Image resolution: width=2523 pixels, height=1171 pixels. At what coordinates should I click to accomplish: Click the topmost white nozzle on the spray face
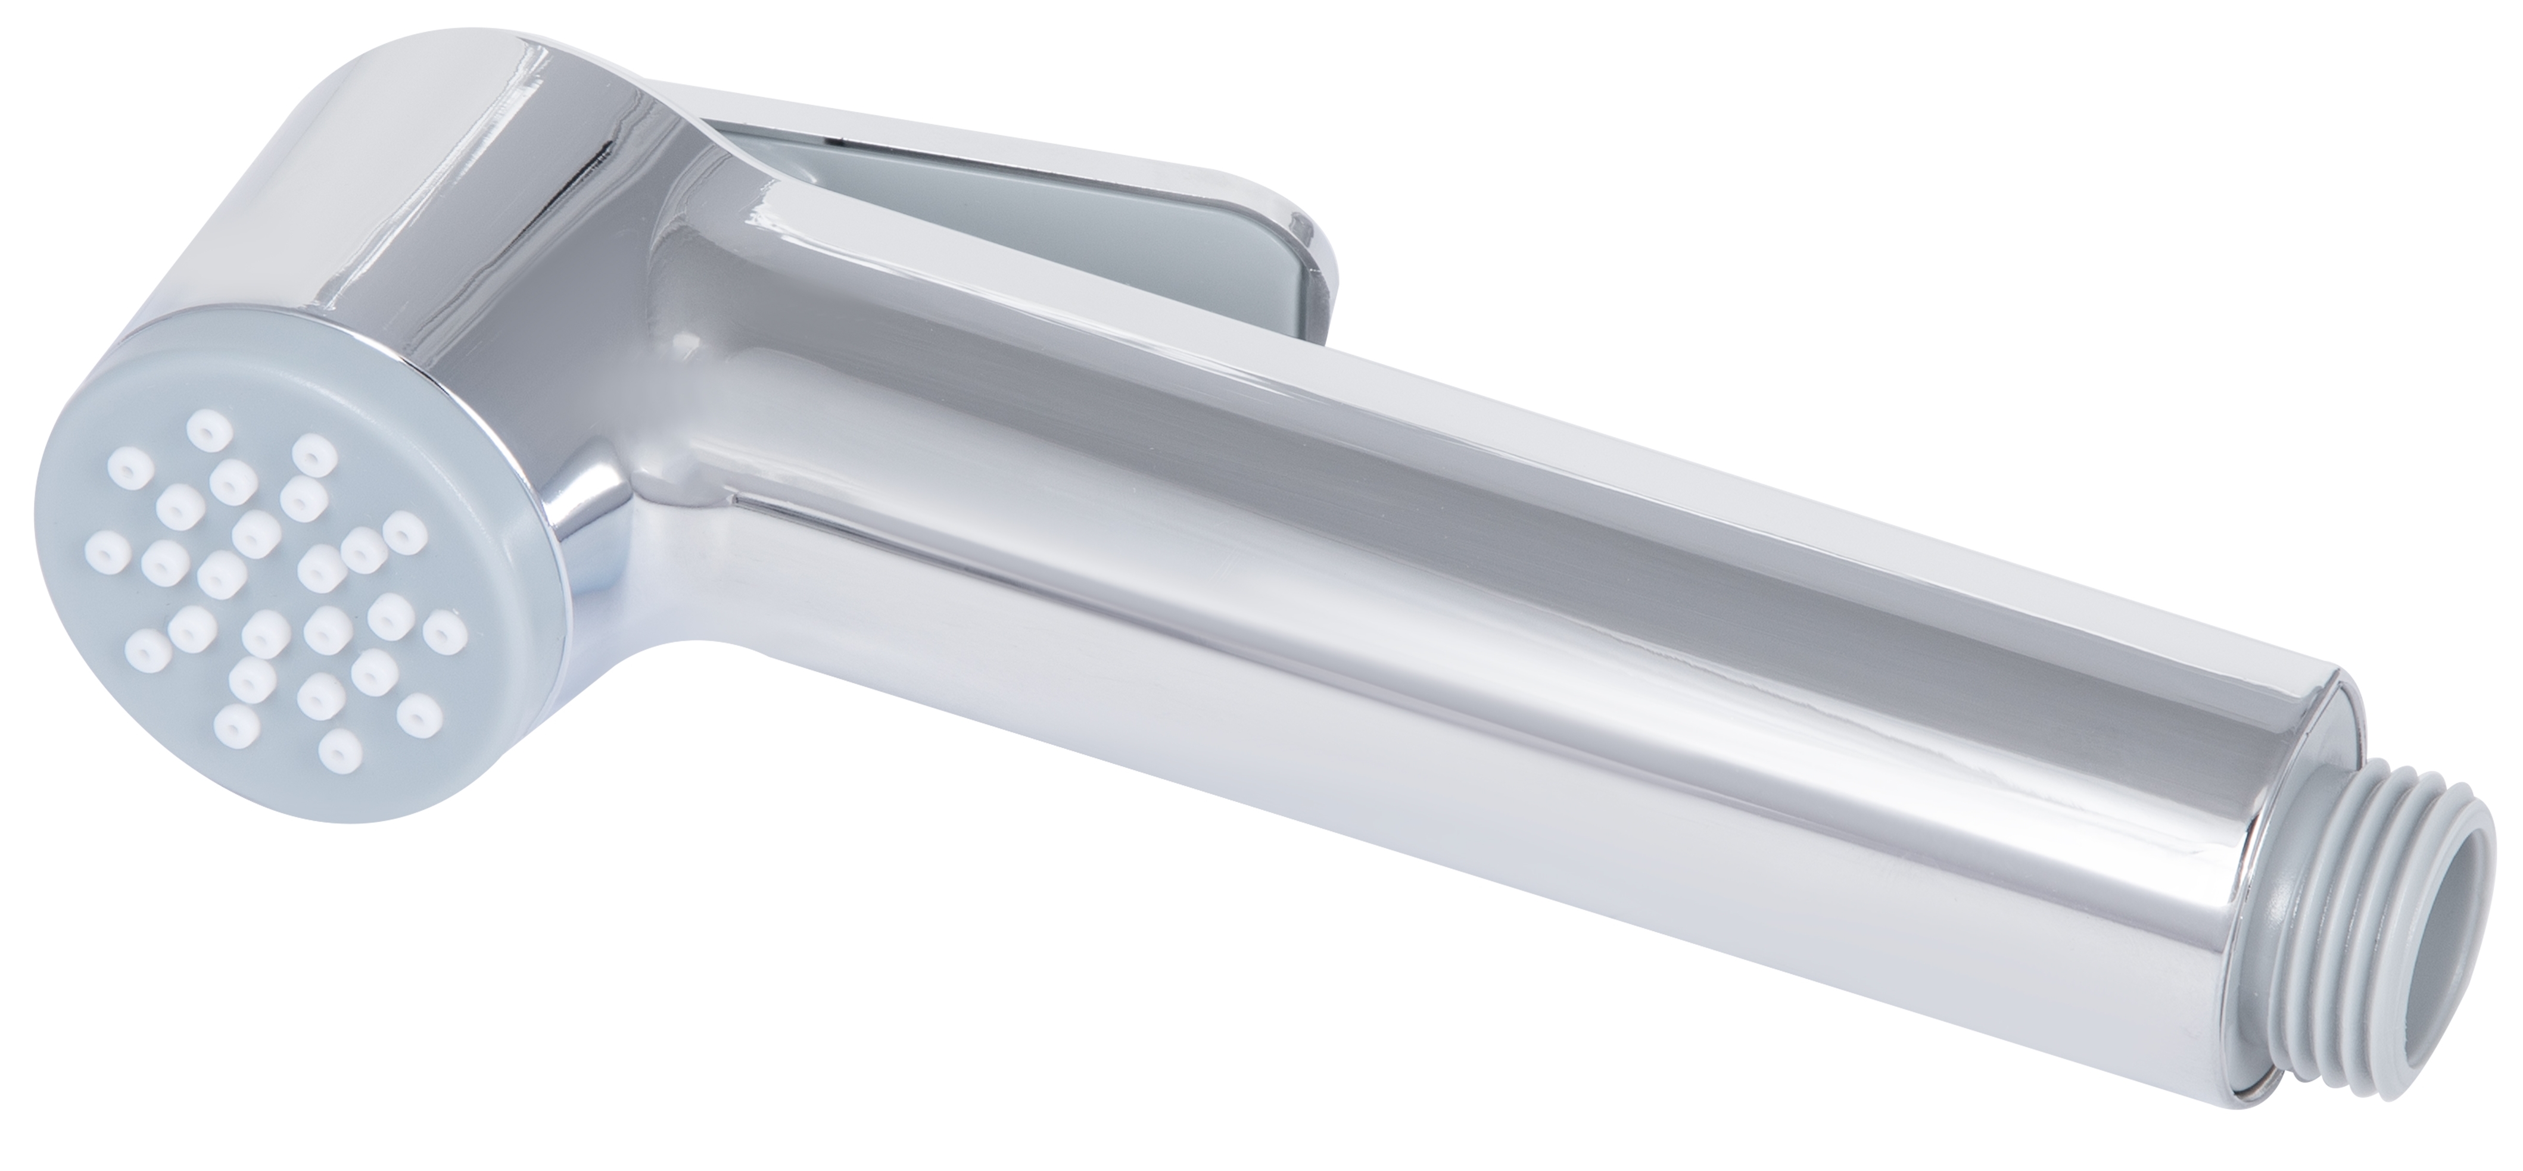click(x=207, y=427)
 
